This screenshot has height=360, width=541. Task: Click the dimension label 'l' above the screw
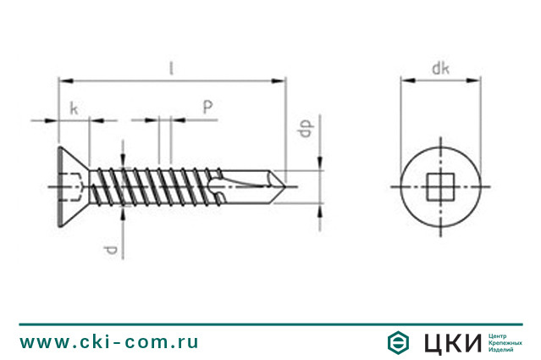pyautogui.click(x=172, y=68)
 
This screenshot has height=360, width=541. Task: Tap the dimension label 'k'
pyautogui.click(x=74, y=108)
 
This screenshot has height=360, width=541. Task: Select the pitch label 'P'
pyautogui.click(x=207, y=108)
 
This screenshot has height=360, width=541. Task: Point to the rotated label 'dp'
pyautogui.click(x=306, y=129)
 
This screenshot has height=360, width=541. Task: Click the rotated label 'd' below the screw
pyautogui.click(x=112, y=250)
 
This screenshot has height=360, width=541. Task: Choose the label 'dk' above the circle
pyautogui.click(x=440, y=69)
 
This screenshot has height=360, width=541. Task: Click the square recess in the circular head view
pyautogui.click(x=440, y=186)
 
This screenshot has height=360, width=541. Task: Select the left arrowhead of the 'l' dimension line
pyautogui.click(x=66, y=81)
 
